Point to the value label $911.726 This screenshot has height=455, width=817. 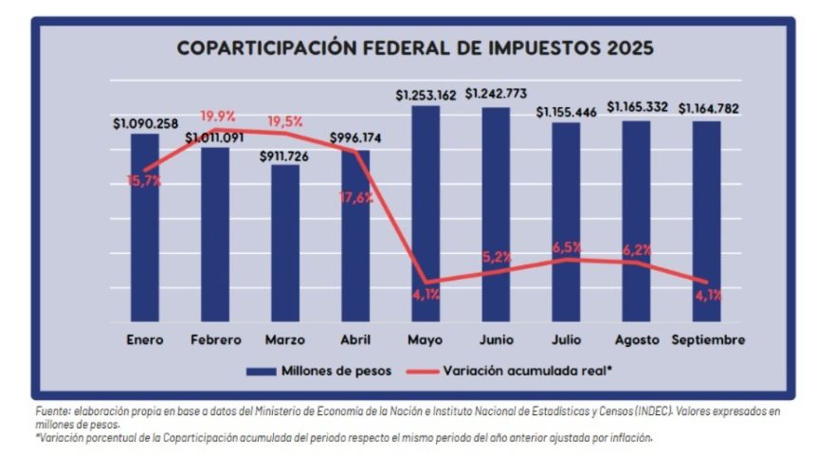coord(284,154)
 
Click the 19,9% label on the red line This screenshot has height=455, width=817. coord(217,116)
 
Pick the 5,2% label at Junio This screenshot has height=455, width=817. coord(497,257)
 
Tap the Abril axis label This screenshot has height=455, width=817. coord(355,339)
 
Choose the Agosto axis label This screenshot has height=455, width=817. coord(636,339)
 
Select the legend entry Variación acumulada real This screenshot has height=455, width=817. coord(526,371)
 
